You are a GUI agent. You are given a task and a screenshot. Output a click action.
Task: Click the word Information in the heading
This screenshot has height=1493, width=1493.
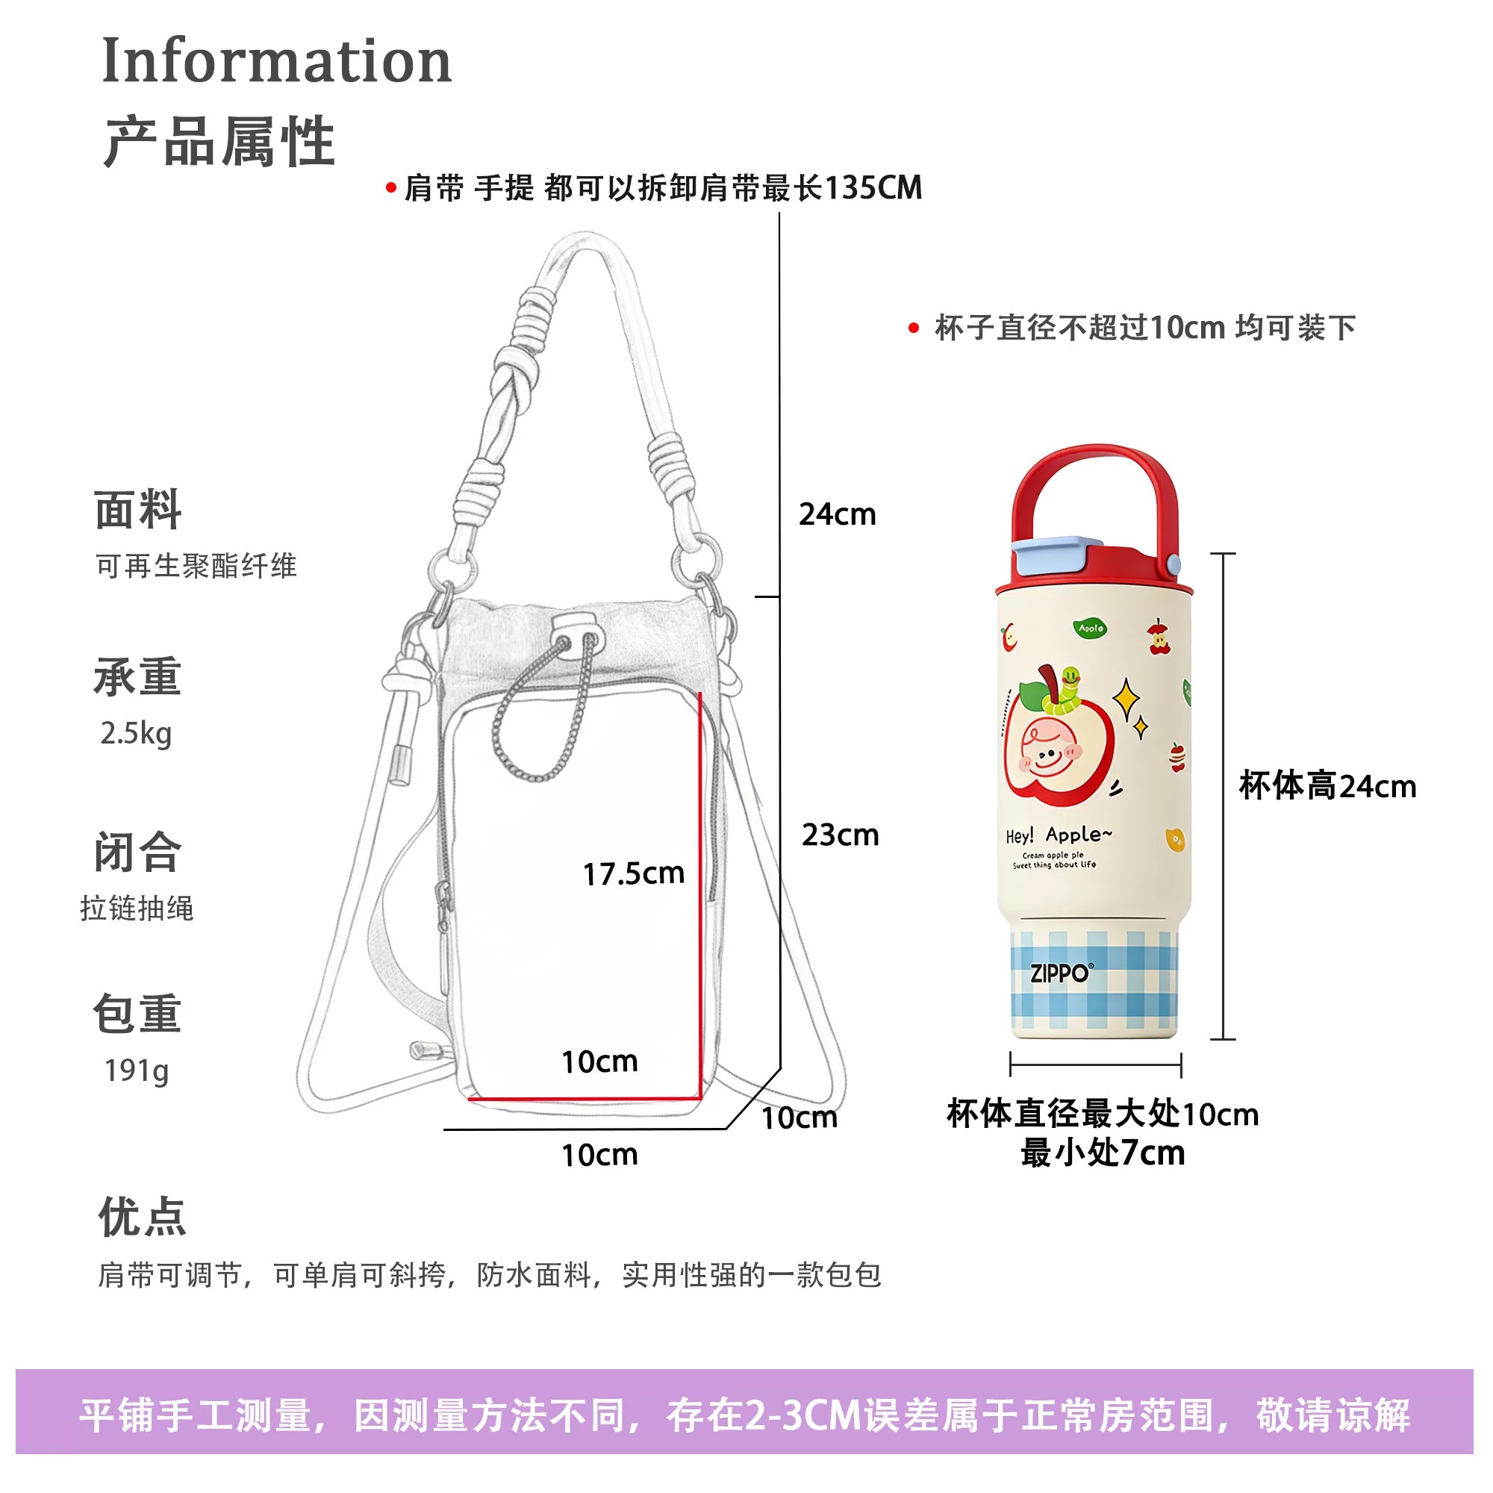pos(276,61)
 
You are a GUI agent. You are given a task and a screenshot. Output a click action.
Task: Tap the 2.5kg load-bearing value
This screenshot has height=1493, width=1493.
pos(136,732)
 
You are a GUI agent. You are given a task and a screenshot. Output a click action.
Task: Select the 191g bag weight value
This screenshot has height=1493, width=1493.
pos(136,1070)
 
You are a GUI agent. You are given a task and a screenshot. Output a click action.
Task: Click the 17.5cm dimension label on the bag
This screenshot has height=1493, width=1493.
pos(633,873)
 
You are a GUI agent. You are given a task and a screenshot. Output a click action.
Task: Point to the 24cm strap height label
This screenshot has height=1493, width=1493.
pos(837,514)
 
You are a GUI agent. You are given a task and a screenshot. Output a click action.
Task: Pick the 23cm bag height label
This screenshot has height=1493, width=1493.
pos(840,835)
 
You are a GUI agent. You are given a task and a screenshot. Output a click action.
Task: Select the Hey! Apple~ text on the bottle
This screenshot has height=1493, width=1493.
pos(1059,835)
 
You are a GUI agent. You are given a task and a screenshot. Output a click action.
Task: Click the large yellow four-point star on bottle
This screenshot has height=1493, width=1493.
pos(1126,700)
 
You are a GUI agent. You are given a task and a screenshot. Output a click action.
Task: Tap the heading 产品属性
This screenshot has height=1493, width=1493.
pos(219,141)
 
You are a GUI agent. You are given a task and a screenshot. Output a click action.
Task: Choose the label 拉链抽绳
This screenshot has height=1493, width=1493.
pos(137,908)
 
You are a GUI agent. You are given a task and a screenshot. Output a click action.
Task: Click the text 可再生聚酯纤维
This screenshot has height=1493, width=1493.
pos(196,566)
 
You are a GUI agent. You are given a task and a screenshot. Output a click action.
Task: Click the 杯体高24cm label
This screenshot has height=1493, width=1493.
pos(1327,786)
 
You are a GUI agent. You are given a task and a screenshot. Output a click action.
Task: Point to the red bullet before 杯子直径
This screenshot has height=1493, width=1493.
pos(914,328)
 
